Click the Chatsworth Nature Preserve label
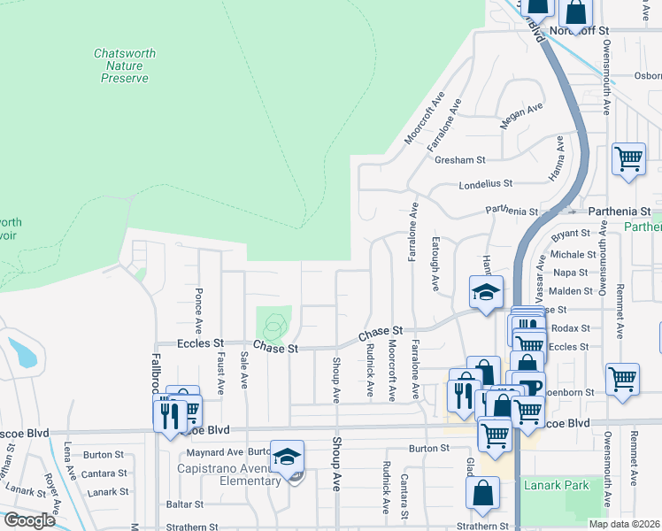(125, 65)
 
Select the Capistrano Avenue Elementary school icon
(288, 458)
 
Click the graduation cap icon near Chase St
(486, 293)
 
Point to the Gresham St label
(460, 160)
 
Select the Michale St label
(567, 254)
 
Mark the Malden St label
(571, 290)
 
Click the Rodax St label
(564, 328)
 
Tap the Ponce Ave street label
(198, 303)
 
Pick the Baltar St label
(185, 504)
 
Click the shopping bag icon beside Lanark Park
(482, 495)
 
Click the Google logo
(28, 520)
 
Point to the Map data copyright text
(623, 524)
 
